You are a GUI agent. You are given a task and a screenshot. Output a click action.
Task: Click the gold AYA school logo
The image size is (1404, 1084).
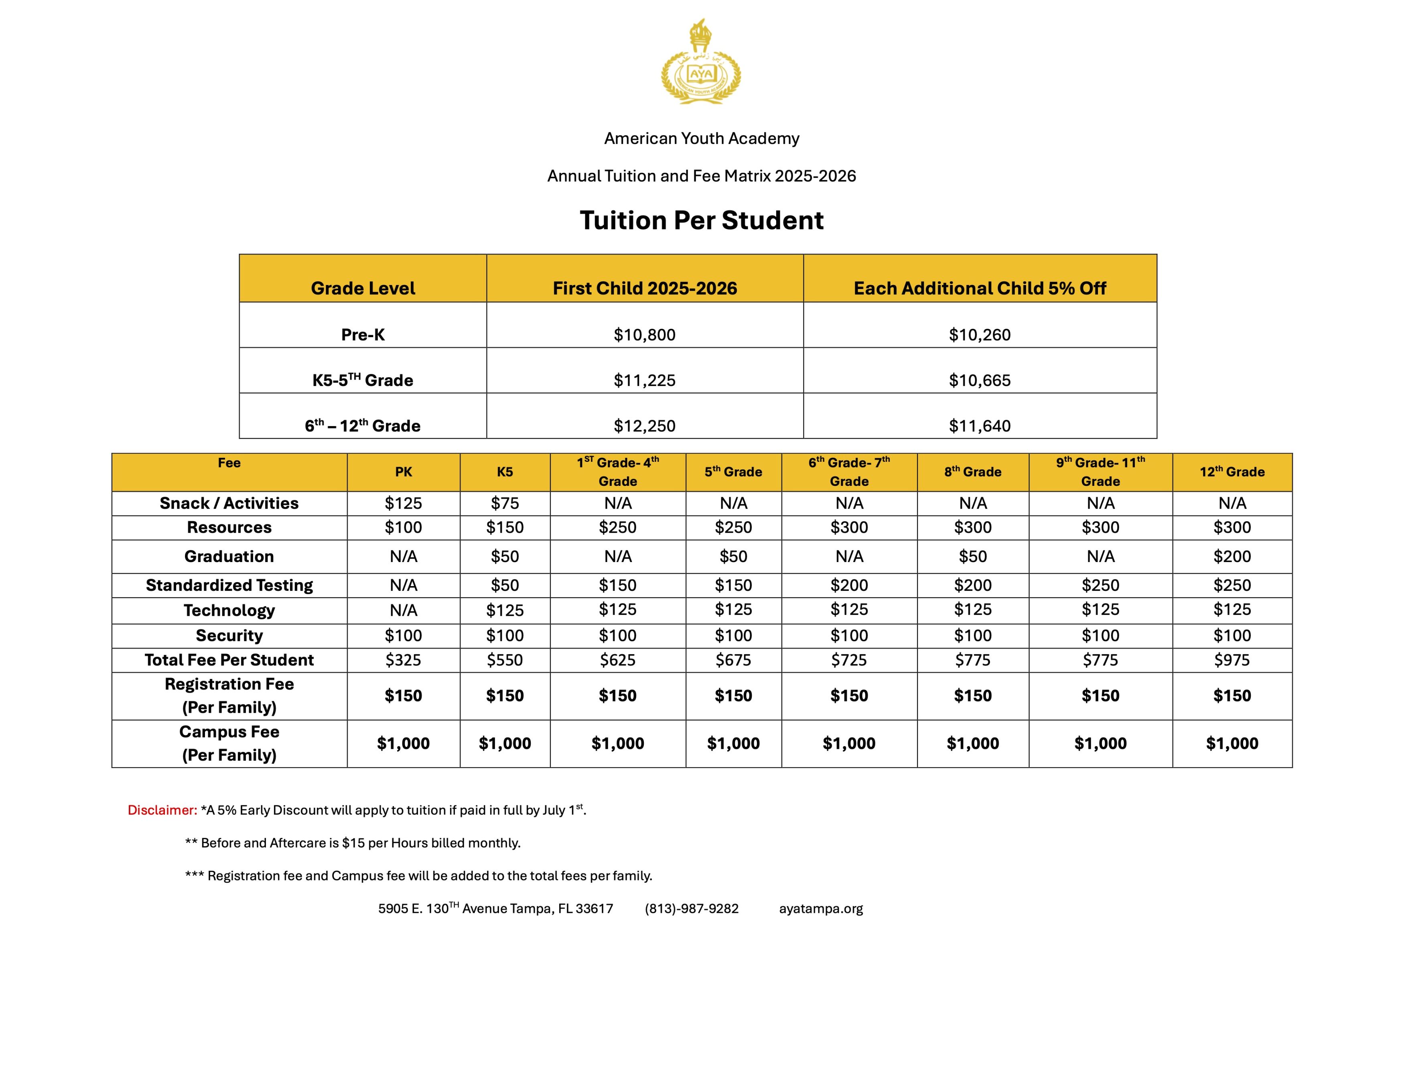(701, 62)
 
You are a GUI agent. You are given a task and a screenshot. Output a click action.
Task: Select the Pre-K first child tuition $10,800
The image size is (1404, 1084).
(644, 335)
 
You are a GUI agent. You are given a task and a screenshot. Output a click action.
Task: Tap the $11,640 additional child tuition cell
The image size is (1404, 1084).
(979, 426)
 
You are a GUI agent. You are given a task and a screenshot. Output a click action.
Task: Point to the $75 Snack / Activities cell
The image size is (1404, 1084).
(505, 503)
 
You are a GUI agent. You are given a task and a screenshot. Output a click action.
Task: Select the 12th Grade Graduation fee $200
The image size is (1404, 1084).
(1232, 556)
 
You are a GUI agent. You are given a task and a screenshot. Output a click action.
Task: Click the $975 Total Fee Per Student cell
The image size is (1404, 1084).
(1232, 660)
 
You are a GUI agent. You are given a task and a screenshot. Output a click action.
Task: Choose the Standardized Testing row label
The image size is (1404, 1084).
(229, 585)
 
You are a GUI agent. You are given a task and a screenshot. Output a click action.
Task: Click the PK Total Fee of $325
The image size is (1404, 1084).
(403, 660)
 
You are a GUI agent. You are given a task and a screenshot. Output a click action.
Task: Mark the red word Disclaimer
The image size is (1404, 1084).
(162, 810)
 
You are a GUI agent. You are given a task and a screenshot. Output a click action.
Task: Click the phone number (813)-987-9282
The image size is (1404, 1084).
(692, 908)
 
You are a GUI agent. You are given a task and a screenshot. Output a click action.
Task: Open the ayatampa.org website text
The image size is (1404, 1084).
(821, 908)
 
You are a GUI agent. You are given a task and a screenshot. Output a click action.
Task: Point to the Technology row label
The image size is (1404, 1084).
(229, 611)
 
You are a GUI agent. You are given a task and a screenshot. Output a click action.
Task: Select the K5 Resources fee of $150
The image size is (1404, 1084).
(505, 528)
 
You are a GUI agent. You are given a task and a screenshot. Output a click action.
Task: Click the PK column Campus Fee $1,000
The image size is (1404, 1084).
(403, 743)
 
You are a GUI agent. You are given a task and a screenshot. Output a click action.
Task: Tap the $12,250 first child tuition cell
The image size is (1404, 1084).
(644, 426)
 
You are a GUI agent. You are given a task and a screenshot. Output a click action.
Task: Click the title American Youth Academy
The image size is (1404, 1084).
(701, 138)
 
